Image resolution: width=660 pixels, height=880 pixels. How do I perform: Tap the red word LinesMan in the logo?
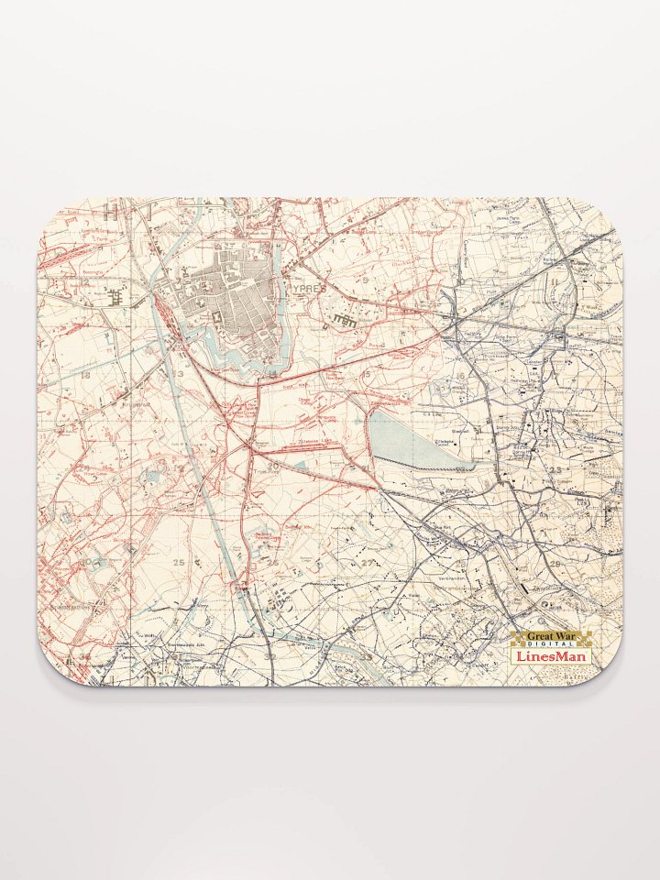(550, 656)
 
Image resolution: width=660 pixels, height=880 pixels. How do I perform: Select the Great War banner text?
(550, 636)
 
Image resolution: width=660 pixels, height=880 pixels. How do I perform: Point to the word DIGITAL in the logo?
(550, 646)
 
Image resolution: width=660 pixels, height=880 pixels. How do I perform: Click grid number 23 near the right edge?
(555, 469)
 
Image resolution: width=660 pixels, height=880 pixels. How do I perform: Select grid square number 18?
(85, 375)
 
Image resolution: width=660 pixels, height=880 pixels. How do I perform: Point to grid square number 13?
(180, 375)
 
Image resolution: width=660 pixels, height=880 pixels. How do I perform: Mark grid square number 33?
(366, 656)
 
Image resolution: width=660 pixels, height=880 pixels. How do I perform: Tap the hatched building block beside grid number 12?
(115, 295)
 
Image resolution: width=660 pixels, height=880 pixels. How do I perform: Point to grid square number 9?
(365, 279)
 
